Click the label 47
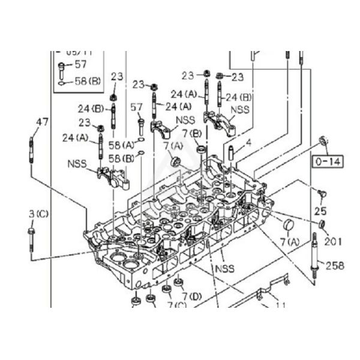(x=41, y=122)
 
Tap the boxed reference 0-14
(x=326, y=161)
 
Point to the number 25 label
(x=320, y=211)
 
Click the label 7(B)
(x=192, y=133)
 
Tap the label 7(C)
(x=177, y=305)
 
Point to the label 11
(x=280, y=305)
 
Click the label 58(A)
(x=121, y=146)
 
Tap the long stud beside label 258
(x=314, y=255)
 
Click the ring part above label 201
(x=322, y=224)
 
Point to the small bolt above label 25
(x=322, y=193)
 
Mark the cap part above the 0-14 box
(x=324, y=141)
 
